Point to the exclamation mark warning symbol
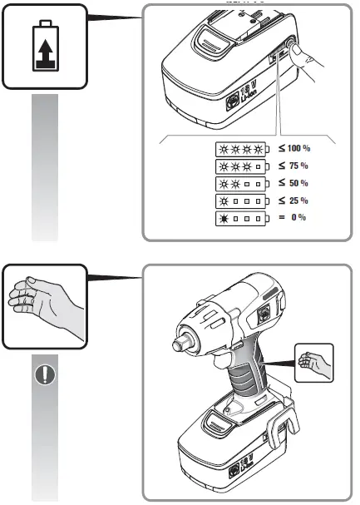point(44,374)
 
